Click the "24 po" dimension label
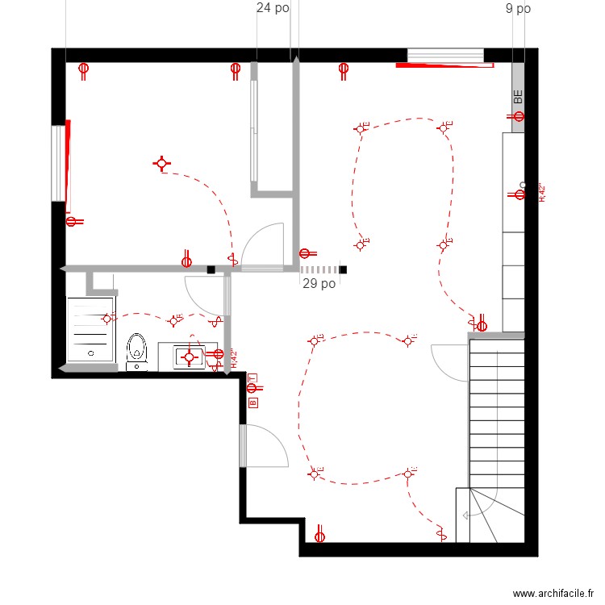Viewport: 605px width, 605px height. click(273, 9)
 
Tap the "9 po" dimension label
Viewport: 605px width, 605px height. click(518, 9)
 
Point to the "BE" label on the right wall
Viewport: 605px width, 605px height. click(519, 96)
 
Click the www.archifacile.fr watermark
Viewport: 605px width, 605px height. click(552, 594)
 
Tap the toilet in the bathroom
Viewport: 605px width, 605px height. click(137, 351)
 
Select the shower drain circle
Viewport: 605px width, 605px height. click(91, 353)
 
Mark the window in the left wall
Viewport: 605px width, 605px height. click(58, 162)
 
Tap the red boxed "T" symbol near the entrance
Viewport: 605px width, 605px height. click(252, 378)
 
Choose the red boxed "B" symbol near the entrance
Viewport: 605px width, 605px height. click(252, 401)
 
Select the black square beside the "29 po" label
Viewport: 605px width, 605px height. click(343, 270)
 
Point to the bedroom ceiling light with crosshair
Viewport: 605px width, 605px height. click(162, 165)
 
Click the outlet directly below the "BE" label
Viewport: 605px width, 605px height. click(518, 118)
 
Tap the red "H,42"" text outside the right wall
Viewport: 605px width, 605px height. click(542, 194)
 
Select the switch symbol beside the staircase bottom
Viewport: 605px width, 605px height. click(440, 532)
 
